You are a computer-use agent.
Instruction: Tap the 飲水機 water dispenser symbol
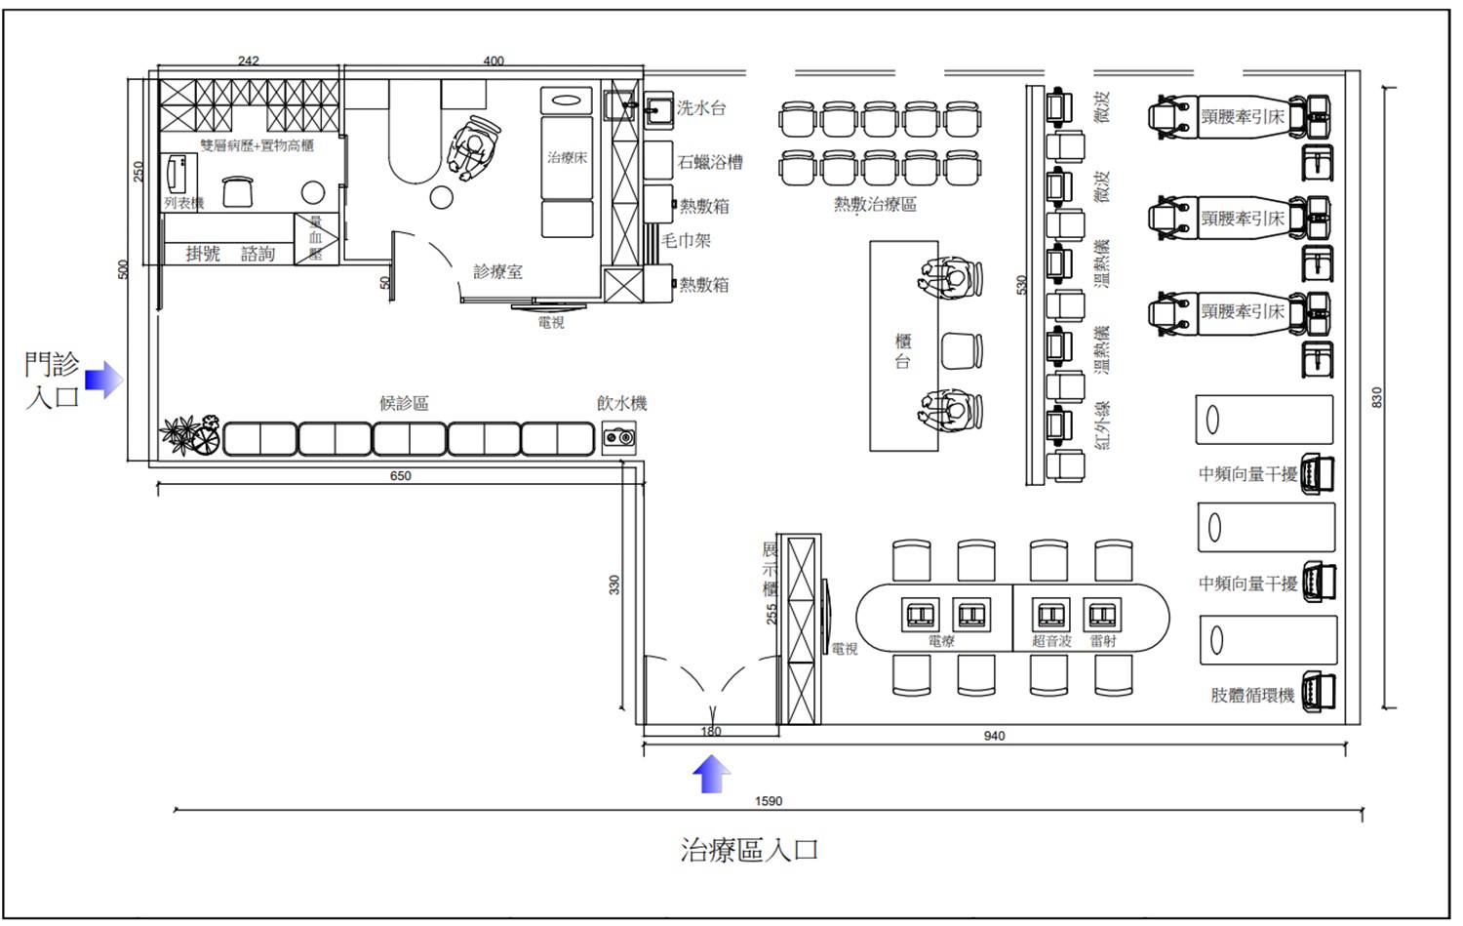coord(618,438)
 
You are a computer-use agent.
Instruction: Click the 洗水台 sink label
coord(701,108)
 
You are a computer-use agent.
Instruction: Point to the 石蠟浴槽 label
coord(710,162)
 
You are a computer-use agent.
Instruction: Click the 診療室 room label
coord(497,271)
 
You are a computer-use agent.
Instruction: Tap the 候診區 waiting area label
coord(404,403)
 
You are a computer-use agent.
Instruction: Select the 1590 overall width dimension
coord(769,801)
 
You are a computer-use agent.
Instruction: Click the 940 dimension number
coord(994,736)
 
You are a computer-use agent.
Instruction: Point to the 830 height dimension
coord(1377,397)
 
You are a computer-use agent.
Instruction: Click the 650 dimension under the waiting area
coord(401,476)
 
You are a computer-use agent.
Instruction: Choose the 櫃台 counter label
coord(903,351)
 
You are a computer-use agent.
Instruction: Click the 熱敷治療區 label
coord(874,205)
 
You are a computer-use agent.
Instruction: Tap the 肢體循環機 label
coord(1252,695)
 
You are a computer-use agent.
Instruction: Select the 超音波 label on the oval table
coord(1051,641)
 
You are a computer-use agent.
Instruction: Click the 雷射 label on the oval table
coord(1103,641)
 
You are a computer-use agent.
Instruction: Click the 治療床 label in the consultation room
coord(567,157)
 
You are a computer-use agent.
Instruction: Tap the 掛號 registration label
coord(203,254)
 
